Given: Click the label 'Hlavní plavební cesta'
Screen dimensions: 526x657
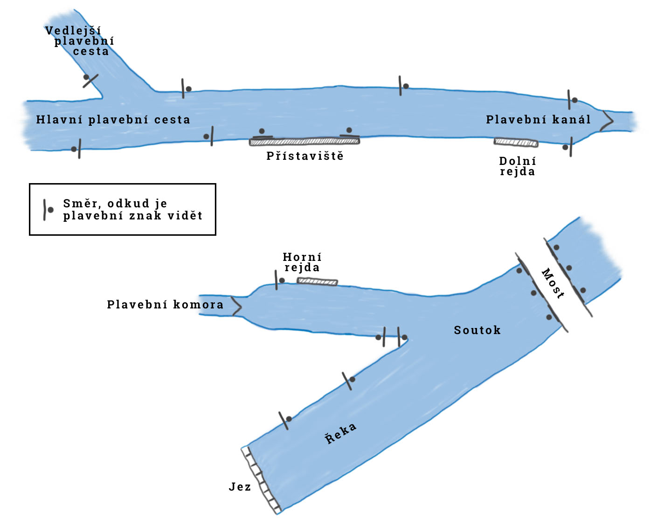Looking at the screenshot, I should (113, 120).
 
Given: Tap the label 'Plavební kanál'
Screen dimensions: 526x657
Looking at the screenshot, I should (538, 120).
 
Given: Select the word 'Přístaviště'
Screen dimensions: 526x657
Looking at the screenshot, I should (305, 156).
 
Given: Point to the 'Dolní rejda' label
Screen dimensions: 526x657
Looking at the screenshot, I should (518, 166).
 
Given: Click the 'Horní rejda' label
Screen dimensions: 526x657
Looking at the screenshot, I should (302, 262).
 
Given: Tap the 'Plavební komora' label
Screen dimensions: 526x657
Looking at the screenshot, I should (165, 305).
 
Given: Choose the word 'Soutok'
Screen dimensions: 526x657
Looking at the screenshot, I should (477, 330).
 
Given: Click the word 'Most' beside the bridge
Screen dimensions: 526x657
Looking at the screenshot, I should (553, 283).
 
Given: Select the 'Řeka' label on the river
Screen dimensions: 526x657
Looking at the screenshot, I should (341, 434).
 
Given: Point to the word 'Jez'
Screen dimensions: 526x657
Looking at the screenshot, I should (240, 487).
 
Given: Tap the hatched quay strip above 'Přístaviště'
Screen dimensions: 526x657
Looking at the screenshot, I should (304, 142).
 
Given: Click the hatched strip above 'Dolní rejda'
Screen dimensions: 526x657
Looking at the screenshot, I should (516, 142).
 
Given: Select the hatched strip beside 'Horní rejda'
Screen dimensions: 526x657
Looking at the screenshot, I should (317, 281).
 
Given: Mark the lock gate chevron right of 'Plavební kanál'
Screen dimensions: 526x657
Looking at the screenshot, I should (607, 121).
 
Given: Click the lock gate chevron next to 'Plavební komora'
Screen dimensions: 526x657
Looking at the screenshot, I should (236, 306).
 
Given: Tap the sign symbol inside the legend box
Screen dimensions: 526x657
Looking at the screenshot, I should (47, 210).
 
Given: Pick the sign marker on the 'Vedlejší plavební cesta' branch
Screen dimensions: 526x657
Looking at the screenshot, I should (90, 80).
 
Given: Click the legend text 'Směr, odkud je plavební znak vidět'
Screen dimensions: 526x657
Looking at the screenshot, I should (133, 210).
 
